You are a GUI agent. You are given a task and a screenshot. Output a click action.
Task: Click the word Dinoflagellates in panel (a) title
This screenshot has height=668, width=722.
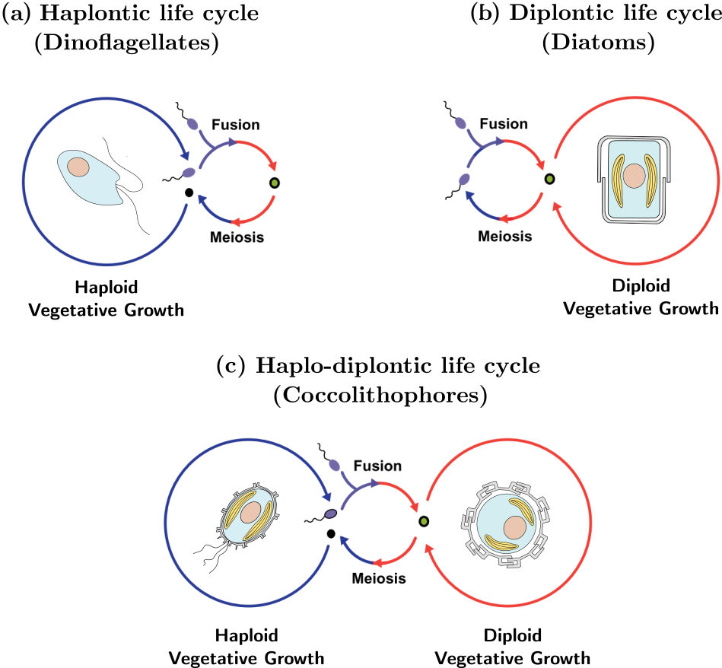[126, 44]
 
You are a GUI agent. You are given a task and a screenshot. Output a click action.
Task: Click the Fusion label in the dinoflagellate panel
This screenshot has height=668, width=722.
[236, 125]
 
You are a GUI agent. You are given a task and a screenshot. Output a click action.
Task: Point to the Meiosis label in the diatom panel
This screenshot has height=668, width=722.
[505, 237]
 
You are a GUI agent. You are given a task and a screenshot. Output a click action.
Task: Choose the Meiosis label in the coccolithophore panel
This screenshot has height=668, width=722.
[379, 579]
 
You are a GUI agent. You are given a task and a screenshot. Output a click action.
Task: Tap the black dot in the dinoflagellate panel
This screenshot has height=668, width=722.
[188, 193]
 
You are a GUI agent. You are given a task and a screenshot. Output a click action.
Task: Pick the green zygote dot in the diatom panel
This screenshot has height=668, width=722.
[549, 179]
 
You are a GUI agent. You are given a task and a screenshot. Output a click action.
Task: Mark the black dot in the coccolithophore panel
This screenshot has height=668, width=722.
[330, 533]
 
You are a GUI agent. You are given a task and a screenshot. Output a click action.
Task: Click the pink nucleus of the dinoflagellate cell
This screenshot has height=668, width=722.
[77, 165]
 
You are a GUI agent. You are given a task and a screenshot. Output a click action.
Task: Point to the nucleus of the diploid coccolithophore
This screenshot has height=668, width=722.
[516, 526]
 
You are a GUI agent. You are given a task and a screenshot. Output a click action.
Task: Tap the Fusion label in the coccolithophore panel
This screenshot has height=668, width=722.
[378, 466]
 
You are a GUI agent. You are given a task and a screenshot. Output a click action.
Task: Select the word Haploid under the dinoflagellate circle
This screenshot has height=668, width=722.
[103, 288]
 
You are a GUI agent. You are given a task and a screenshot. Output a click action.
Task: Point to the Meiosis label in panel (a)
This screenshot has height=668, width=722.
[237, 237]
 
